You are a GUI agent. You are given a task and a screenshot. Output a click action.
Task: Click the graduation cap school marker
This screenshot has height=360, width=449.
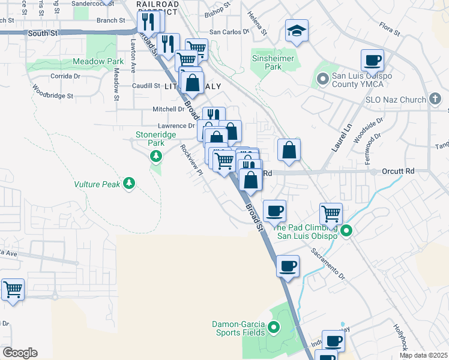tap(296, 31)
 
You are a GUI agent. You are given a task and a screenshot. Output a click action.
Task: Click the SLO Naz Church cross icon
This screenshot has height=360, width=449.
tap(436, 99)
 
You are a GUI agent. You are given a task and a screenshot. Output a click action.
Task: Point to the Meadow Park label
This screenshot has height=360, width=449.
tap(98, 61)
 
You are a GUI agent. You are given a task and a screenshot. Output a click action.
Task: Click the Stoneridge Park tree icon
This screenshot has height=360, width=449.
tap(156, 157)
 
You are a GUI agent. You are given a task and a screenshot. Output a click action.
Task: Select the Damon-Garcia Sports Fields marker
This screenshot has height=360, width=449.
tap(274, 328)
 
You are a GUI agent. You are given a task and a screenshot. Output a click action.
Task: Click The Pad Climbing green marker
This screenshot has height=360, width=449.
tap(346, 230)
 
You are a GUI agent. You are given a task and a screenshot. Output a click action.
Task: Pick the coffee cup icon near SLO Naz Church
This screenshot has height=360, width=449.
tap(372, 61)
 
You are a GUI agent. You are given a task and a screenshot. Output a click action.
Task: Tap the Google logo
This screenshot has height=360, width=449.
tap(19, 353)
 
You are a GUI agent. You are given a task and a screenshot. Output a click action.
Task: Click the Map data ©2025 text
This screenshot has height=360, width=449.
tap(423, 355)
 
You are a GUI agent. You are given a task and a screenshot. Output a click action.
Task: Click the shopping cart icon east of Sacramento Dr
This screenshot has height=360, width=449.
tap(331, 213)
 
